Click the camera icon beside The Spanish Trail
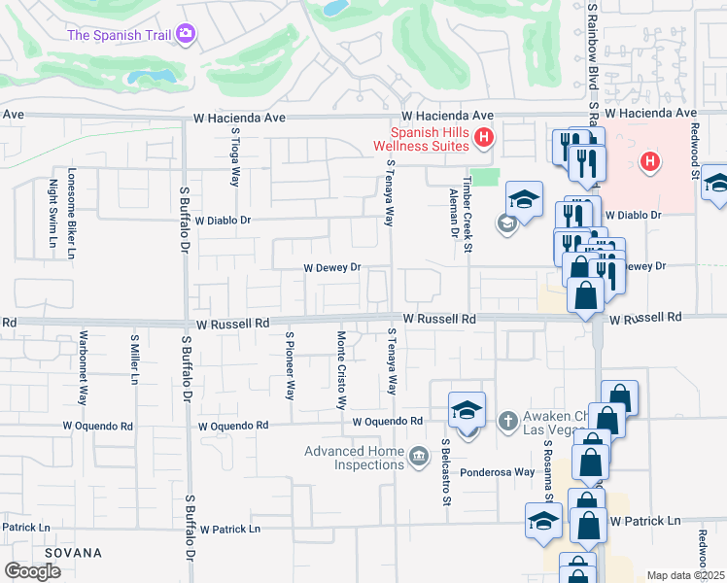pos(186,35)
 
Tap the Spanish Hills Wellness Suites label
pos(429,139)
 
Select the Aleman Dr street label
pos(454,214)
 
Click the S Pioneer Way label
pos(290,365)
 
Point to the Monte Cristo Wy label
pos(341,370)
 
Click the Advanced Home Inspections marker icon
pos(419,455)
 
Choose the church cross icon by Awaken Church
pos(505,421)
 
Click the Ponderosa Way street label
pos(498,472)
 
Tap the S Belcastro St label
pos(448,472)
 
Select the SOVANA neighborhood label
pos(72,553)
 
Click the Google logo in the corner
pos(33,571)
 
